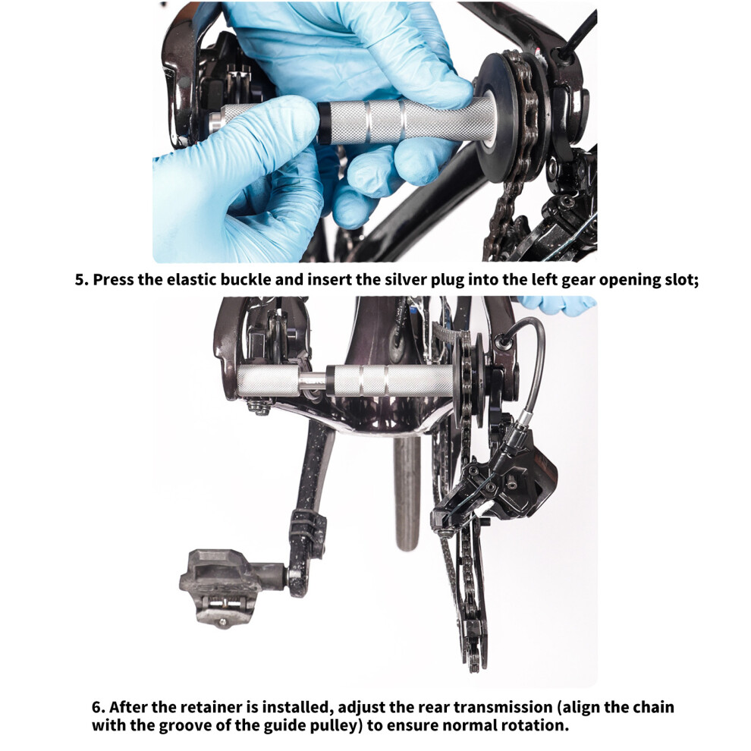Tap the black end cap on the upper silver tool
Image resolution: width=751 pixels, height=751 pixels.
(322, 123)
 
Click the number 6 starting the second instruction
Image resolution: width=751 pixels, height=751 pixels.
(97, 708)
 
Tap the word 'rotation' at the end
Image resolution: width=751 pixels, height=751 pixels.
(536, 725)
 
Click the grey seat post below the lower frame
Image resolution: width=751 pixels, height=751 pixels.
(407, 493)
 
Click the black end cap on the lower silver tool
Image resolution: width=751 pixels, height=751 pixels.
(331, 381)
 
